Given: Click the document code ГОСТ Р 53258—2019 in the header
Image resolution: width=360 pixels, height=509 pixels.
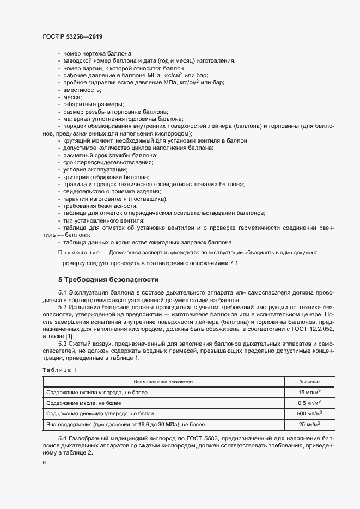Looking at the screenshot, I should click(72, 36).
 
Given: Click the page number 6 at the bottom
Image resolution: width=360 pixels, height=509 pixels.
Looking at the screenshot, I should click(44, 462).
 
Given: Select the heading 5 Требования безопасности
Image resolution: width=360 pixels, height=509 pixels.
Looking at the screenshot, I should click(108, 280).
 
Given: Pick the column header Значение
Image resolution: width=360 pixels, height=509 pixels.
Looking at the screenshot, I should click(310, 382).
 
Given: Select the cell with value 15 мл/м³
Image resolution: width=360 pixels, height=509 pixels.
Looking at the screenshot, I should click(309, 392).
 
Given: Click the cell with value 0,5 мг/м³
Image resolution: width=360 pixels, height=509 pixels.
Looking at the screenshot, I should click(309, 403).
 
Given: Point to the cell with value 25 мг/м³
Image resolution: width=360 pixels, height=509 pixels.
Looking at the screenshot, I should click(309, 424).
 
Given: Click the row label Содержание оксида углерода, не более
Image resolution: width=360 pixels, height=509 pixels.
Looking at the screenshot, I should click(96, 392).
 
